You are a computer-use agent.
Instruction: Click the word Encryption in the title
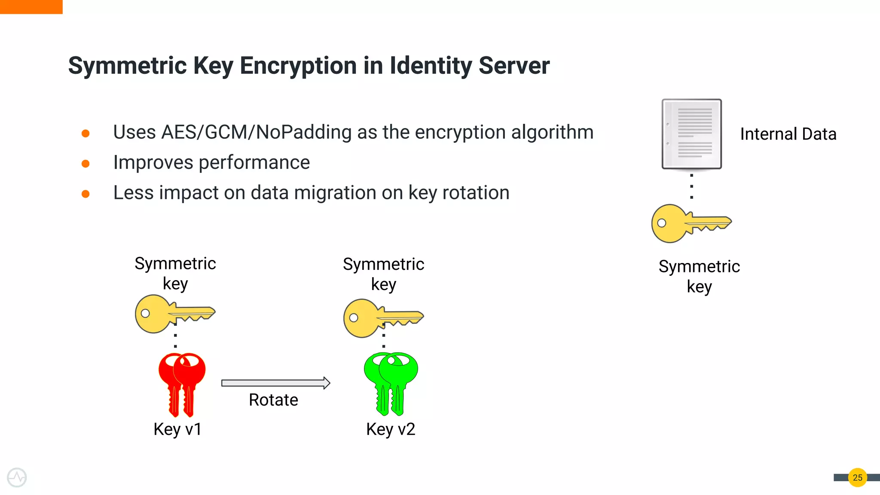(298, 66)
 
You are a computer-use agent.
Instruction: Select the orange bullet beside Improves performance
(86, 164)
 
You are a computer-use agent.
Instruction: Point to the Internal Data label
(788, 134)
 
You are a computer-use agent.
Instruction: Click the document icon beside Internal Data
(691, 134)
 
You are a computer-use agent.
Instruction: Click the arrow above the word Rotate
(275, 383)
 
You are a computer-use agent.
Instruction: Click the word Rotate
(273, 400)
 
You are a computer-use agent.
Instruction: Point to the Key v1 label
(177, 429)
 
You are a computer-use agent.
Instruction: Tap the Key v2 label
(391, 429)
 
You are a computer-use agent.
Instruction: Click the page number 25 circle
(857, 477)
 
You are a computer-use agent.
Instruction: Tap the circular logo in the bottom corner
(17, 477)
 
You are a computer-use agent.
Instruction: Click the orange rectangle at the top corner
(31, 7)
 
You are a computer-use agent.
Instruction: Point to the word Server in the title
(514, 66)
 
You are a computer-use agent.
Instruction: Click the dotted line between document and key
(691, 186)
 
